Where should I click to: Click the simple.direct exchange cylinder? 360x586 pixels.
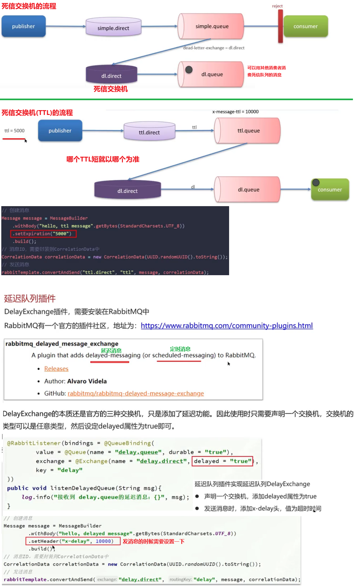tap(113, 27)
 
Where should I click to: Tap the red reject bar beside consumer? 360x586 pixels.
tap(280, 26)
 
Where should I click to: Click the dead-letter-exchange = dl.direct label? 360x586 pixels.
tap(214, 48)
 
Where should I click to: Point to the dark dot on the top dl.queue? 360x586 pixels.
tap(189, 69)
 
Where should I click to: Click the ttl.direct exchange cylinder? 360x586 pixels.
tap(149, 132)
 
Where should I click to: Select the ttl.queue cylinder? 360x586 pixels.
tap(248, 131)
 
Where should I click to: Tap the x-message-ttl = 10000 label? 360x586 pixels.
tap(235, 112)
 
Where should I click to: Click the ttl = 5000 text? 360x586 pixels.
tap(14, 131)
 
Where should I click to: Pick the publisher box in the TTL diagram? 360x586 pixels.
tap(60, 131)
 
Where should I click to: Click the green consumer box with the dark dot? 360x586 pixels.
tap(330, 189)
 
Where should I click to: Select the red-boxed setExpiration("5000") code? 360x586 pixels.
tap(43, 234)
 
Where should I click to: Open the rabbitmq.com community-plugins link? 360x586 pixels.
tap(227, 326)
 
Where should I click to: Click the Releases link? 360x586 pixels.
tap(56, 369)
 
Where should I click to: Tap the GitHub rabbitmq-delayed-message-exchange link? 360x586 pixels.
tap(136, 393)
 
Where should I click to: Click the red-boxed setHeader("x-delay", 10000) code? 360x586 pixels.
tap(73, 541)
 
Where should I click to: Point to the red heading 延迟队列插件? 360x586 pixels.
tap(30, 299)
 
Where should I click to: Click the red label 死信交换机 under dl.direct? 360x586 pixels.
tap(110, 89)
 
